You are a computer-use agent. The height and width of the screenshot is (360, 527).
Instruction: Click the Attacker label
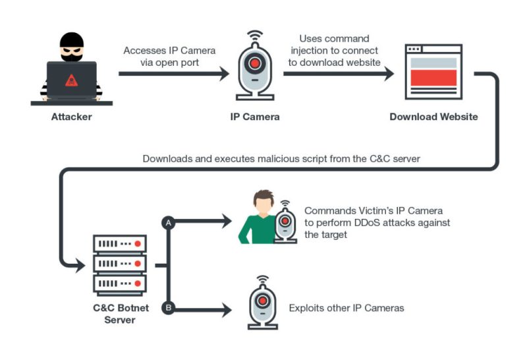(72, 117)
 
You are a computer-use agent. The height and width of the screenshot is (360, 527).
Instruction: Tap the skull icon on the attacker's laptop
(71, 80)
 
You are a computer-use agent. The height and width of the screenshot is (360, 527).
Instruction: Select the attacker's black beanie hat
(71, 39)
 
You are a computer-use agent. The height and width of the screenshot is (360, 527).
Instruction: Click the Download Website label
(433, 117)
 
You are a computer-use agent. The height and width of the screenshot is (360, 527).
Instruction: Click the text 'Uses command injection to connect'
(334, 44)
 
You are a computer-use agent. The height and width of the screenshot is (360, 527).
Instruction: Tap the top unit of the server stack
(119, 244)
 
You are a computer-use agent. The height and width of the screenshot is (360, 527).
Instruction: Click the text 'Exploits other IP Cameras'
(346, 308)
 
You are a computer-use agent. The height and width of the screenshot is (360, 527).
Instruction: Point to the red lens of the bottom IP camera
(262, 301)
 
